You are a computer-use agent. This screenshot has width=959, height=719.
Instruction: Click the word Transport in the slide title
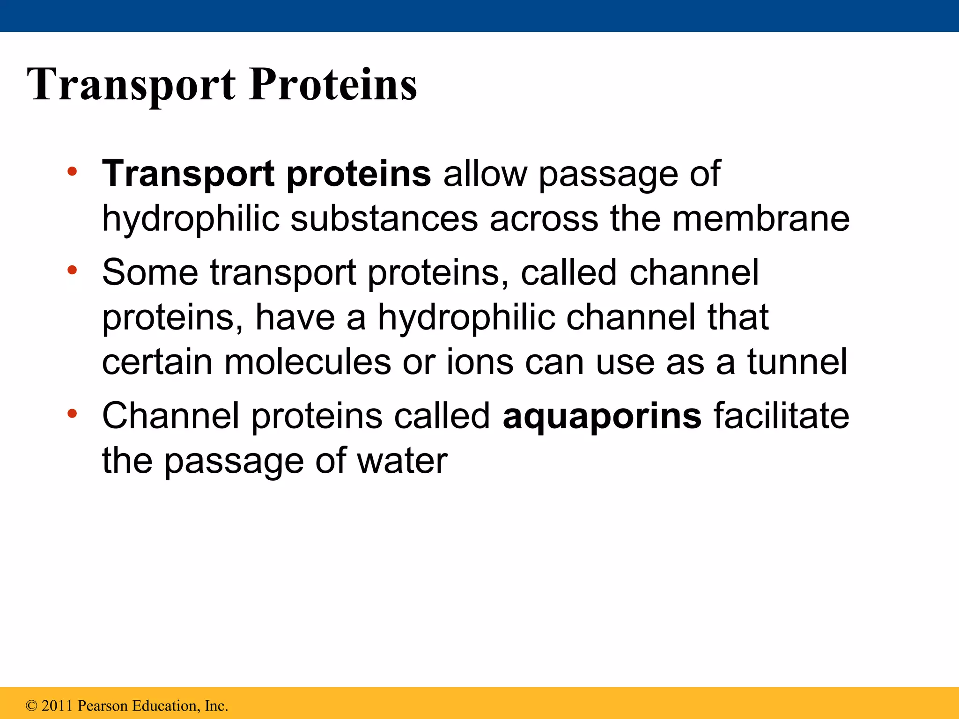pos(131,85)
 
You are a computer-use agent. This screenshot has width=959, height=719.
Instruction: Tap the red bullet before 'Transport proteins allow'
pos(72,171)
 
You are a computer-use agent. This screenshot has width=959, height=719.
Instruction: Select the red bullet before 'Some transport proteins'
pos(72,270)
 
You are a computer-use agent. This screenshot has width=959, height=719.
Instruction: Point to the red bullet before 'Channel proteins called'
pos(72,413)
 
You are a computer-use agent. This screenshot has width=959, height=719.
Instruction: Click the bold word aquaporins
pos(602,416)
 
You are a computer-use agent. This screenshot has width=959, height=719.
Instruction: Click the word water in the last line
pos(402,461)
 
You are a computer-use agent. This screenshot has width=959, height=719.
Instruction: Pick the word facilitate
pos(781,416)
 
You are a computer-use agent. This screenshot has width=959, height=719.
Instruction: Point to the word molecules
pos(307,362)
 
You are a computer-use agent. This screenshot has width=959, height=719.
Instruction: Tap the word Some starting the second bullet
pos(150,272)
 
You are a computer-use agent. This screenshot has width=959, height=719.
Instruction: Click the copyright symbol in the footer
pos(31,706)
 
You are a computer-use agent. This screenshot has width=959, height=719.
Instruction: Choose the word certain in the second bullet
pos(157,362)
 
